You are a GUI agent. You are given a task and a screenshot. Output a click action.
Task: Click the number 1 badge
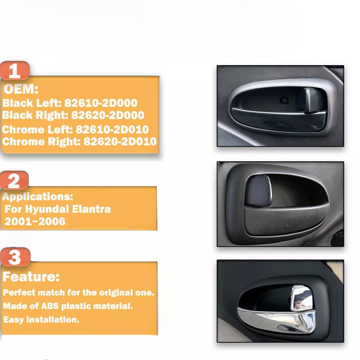pyautogui.click(x=14, y=71)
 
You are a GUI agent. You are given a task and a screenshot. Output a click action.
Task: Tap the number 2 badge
pyautogui.click(x=14, y=181)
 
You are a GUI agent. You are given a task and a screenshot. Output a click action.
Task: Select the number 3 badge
pyautogui.click(x=14, y=257)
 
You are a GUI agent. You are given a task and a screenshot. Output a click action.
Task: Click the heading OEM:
pyautogui.click(x=21, y=89)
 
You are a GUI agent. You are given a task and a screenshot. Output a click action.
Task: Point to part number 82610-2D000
pyautogui.click(x=101, y=103)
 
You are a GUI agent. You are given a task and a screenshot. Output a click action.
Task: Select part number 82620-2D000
pyautogui.click(x=108, y=115)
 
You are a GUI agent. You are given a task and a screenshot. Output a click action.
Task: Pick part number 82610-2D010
pyautogui.click(x=112, y=129)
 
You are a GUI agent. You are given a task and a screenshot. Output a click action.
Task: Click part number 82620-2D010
pyautogui.click(x=120, y=141)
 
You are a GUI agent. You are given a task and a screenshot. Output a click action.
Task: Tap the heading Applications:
pyautogui.click(x=38, y=197)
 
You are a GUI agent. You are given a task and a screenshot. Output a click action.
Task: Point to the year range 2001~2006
pyautogui.click(x=35, y=221)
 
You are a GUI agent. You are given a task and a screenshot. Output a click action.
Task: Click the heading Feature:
pyautogui.click(x=31, y=277)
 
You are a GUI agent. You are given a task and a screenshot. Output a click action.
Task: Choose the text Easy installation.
pyautogui.click(x=41, y=319)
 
